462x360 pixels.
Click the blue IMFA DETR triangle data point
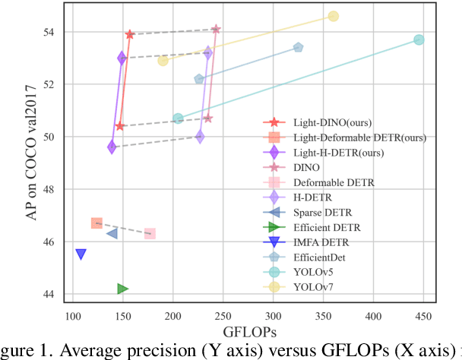(x=81, y=254)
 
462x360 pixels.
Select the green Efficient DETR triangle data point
(x=122, y=289)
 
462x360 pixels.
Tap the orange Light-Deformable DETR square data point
(x=97, y=223)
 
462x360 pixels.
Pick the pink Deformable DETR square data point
(x=150, y=233)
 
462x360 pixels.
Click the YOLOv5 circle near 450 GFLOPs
(x=419, y=39)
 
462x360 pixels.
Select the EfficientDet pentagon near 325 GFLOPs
(x=299, y=48)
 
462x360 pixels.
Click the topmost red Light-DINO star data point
(x=130, y=34)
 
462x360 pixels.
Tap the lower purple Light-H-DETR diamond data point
(x=112, y=147)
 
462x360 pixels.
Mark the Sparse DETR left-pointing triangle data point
(x=112, y=233)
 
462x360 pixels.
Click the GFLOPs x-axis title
(x=248, y=333)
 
